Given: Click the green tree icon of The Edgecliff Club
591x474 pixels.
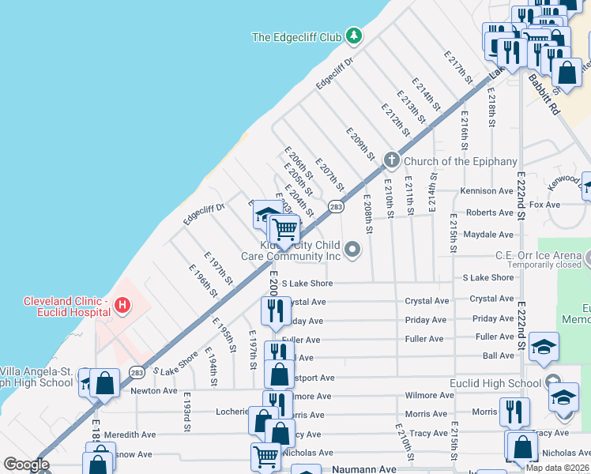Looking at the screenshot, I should (355, 36).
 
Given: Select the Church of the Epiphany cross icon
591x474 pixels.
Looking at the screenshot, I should (391, 161).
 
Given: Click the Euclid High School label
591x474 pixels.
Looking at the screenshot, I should (503, 384).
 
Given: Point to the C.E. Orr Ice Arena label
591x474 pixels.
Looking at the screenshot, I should (538, 254).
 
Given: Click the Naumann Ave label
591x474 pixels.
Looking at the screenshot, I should (363, 469).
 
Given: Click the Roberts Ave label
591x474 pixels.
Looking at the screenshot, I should (489, 213).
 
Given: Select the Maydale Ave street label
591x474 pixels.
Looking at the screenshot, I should (487, 235).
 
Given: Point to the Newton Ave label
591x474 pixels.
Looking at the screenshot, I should (154, 391).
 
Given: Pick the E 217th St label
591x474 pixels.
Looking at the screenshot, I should (458, 69).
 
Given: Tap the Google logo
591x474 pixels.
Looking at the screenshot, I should (26, 465).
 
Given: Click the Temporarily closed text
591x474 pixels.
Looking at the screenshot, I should (544, 265).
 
